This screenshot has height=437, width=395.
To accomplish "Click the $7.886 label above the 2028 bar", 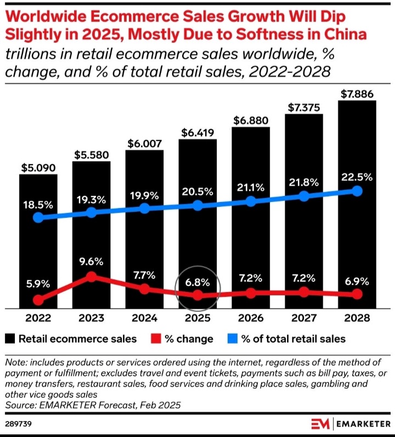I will (x=357, y=94).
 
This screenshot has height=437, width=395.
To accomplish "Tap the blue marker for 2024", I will (x=144, y=209).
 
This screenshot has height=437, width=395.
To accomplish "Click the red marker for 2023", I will (x=92, y=277).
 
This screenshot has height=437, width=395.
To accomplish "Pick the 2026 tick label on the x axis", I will (x=250, y=318).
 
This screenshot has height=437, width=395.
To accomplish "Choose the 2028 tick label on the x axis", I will (x=357, y=318).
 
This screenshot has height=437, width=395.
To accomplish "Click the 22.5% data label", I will (x=357, y=177).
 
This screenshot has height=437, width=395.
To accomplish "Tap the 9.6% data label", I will (x=92, y=261).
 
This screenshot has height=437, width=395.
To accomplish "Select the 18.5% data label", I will (x=38, y=204).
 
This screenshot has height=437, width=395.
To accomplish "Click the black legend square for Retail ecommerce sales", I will (x=10, y=339).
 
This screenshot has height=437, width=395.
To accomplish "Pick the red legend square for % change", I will (x=156, y=339).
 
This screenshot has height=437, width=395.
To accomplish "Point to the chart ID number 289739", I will (x=18, y=424).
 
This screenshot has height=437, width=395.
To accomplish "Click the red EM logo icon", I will (x=320, y=424).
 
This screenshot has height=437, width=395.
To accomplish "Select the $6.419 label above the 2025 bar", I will (x=198, y=132).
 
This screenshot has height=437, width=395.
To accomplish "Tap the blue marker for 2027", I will (x=303, y=196).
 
